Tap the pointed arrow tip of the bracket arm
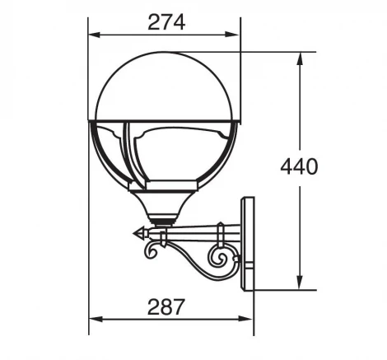click(x=136, y=233)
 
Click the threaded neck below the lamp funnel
click(x=166, y=219)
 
